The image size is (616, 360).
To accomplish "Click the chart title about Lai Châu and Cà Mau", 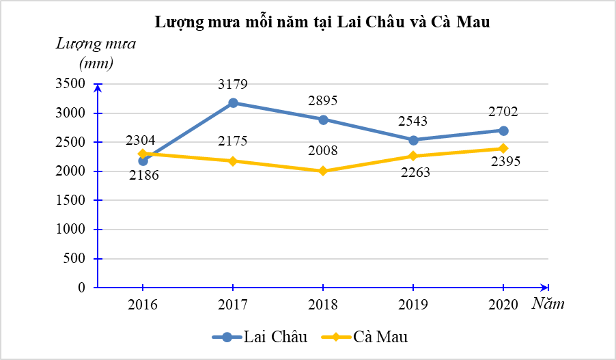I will pyautogui.click(x=322, y=22).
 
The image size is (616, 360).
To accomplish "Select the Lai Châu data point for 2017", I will pyautogui.click(x=233, y=103).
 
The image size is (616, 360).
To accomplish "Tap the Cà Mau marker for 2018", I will pyautogui.click(x=323, y=171).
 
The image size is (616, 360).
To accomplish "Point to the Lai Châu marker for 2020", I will pyautogui.click(x=503, y=130).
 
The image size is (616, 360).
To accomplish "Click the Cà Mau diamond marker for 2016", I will pyautogui.click(x=143, y=154).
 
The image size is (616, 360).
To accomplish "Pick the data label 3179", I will pyautogui.click(x=233, y=85).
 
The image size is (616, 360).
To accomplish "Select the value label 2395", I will pyautogui.click(x=505, y=161).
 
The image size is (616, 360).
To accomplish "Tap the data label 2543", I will pyautogui.click(x=412, y=122).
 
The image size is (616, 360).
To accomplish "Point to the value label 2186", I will pyautogui.click(x=144, y=175).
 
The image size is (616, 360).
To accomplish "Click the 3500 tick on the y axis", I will pyautogui.click(x=70, y=84).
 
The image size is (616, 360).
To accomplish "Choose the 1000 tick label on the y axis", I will pyautogui.click(x=70, y=230).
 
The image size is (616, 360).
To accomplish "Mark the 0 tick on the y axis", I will pyautogui.click(x=81, y=288).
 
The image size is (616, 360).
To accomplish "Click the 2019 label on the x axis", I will pyautogui.click(x=412, y=304).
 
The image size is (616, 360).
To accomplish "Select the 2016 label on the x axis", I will pyautogui.click(x=143, y=304).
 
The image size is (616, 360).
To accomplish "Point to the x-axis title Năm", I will pyautogui.click(x=548, y=304).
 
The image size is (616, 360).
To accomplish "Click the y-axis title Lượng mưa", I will pyautogui.click(x=96, y=44).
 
